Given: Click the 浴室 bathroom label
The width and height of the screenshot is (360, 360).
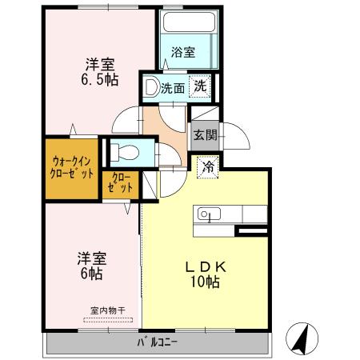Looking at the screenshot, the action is (183, 52).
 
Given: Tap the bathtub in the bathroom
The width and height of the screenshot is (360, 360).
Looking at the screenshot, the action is (189, 22).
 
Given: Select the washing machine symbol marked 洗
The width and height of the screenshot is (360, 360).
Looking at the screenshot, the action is (200, 86).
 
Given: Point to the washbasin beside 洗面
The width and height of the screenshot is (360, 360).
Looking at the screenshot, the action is (152, 87).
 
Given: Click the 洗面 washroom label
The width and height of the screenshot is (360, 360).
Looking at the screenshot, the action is (173, 88).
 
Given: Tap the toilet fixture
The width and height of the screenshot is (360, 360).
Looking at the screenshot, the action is (125, 152).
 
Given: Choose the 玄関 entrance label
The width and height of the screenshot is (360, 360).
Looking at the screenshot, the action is (205, 135).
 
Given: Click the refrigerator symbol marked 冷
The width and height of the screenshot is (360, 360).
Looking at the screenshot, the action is (208, 167).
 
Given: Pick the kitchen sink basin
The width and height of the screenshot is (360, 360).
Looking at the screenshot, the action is (209, 214).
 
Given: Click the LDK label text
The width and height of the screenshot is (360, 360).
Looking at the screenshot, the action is (206, 267).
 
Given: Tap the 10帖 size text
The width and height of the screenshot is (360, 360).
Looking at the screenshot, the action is (205, 282).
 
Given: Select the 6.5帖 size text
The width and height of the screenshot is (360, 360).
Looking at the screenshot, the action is (100, 79).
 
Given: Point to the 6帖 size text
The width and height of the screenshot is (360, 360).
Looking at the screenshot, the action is (92, 274).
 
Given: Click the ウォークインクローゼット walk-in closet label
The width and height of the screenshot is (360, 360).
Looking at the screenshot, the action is (72, 168).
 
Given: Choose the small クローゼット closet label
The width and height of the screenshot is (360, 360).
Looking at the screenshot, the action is (121, 182).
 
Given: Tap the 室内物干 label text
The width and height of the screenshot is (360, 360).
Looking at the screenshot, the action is (108, 310).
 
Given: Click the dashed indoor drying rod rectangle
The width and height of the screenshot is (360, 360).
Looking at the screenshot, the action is (108, 320).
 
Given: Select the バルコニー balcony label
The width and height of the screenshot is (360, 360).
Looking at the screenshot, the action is (157, 342).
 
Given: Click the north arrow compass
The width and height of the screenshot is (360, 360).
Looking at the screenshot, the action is (302, 338).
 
